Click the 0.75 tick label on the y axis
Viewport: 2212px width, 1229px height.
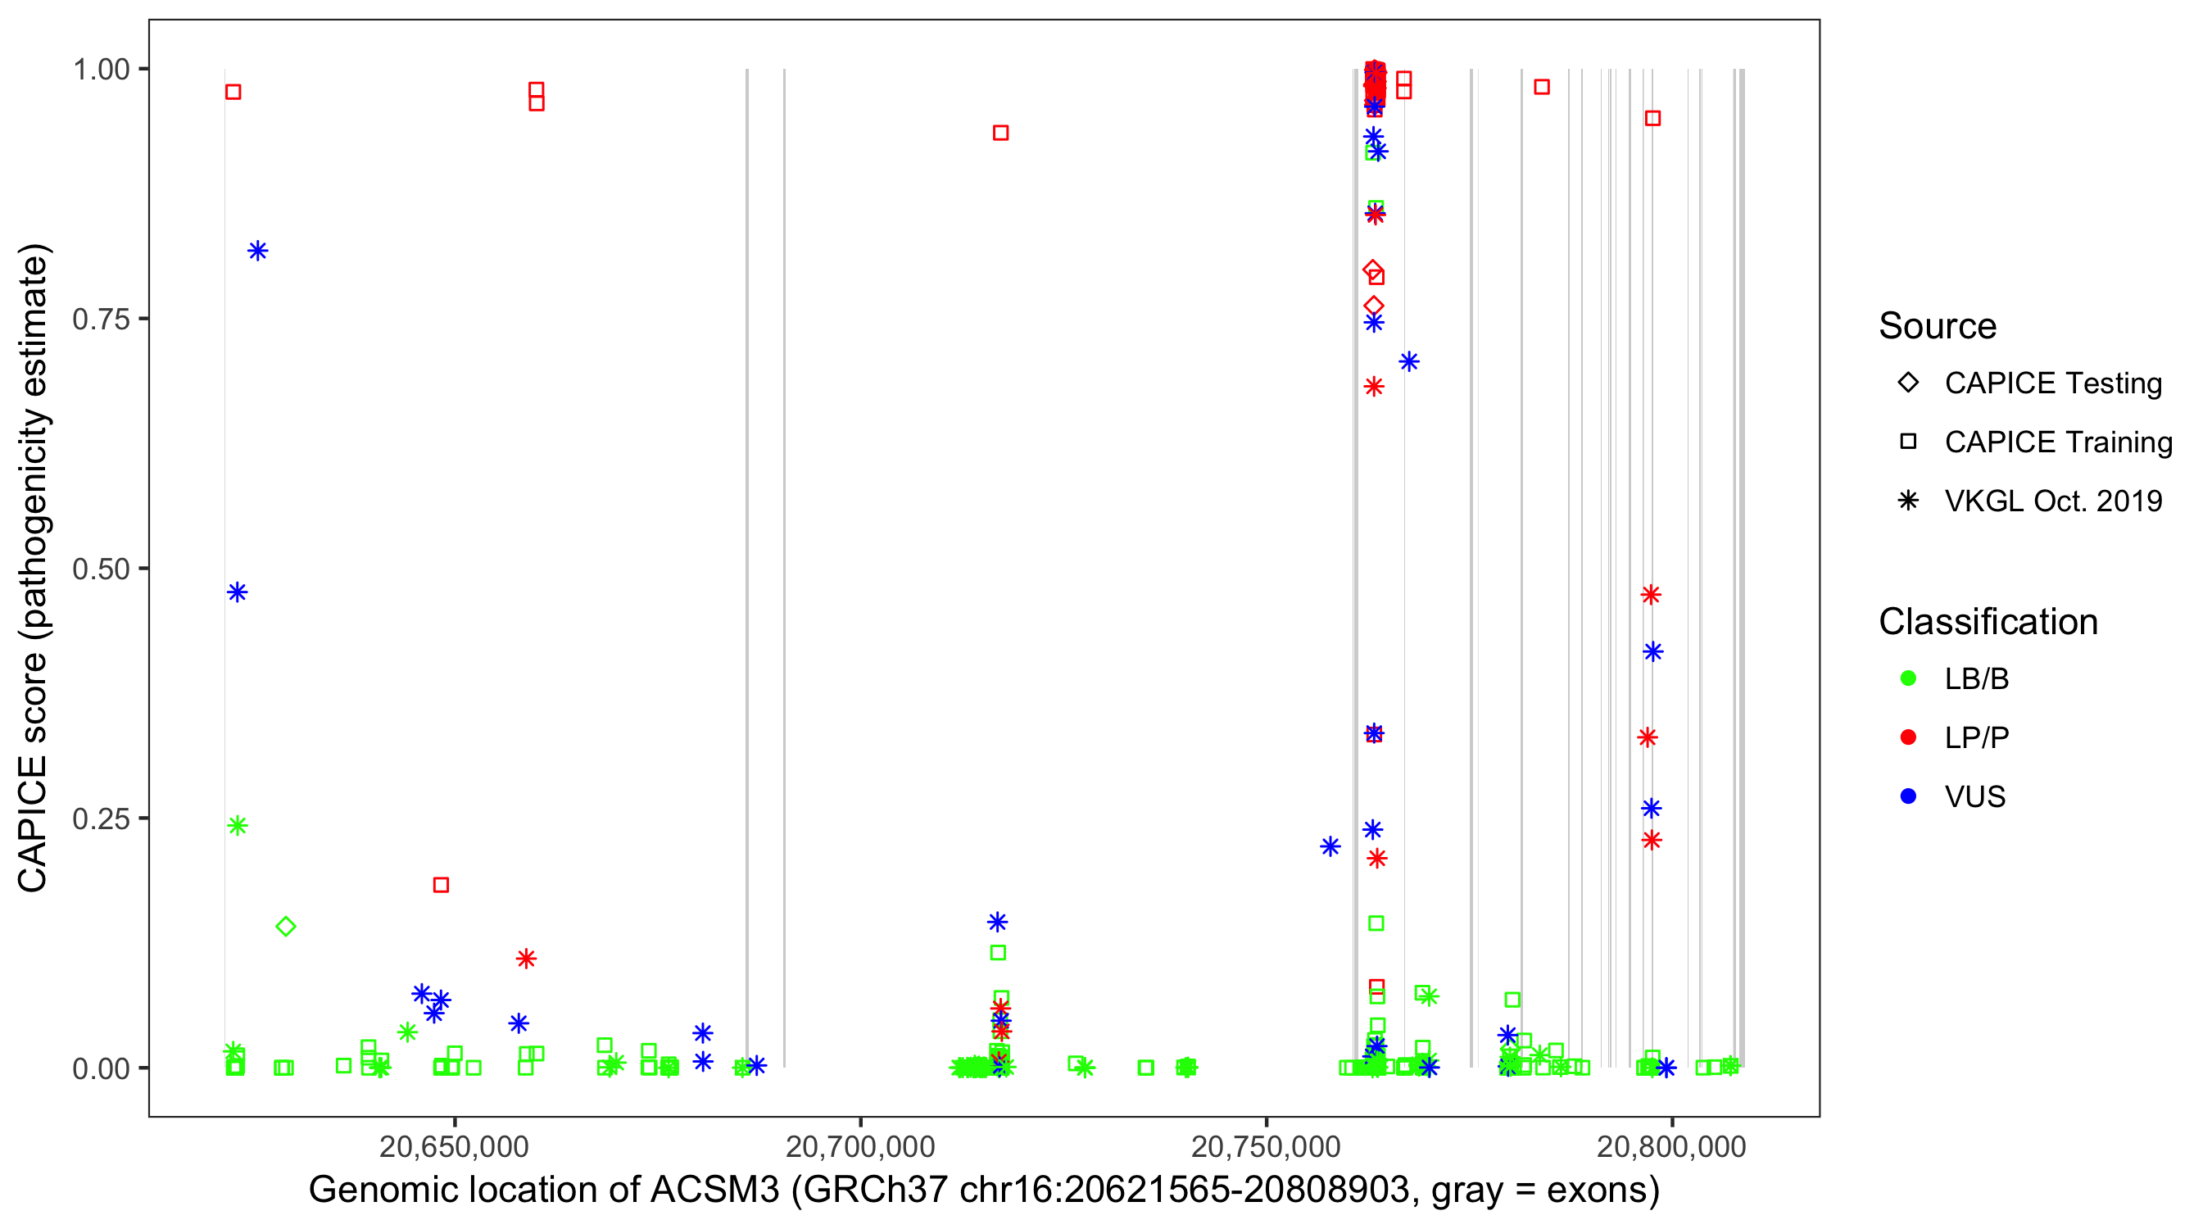pyautogui.click(x=100, y=320)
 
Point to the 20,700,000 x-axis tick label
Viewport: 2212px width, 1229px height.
pyautogui.click(x=859, y=1146)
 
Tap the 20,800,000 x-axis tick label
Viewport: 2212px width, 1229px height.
pyautogui.click(x=1671, y=1146)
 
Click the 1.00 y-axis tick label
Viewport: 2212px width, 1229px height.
pyautogui.click(x=100, y=70)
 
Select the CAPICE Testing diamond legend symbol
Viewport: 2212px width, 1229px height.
pyautogui.click(x=1908, y=383)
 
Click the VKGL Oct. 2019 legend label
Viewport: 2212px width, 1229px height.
pyautogui.click(x=2053, y=501)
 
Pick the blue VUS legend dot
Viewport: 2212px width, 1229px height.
pyautogui.click(x=1908, y=796)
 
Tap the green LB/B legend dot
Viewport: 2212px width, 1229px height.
pyautogui.click(x=1908, y=678)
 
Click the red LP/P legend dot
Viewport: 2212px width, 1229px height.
pyautogui.click(x=1908, y=737)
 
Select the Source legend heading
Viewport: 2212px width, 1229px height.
pyautogui.click(x=1938, y=326)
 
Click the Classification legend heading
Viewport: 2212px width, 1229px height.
pyautogui.click(x=1988, y=622)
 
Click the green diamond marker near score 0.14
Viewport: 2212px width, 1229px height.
pyautogui.click(x=286, y=926)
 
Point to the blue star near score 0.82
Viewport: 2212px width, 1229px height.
pyautogui.click(x=257, y=251)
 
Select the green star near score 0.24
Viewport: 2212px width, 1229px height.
pyautogui.click(x=238, y=825)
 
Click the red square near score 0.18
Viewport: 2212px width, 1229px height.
pyautogui.click(x=442, y=885)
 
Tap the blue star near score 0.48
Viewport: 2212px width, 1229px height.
pyautogui.click(x=238, y=592)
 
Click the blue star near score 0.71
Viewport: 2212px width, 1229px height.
pyautogui.click(x=1409, y=361)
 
